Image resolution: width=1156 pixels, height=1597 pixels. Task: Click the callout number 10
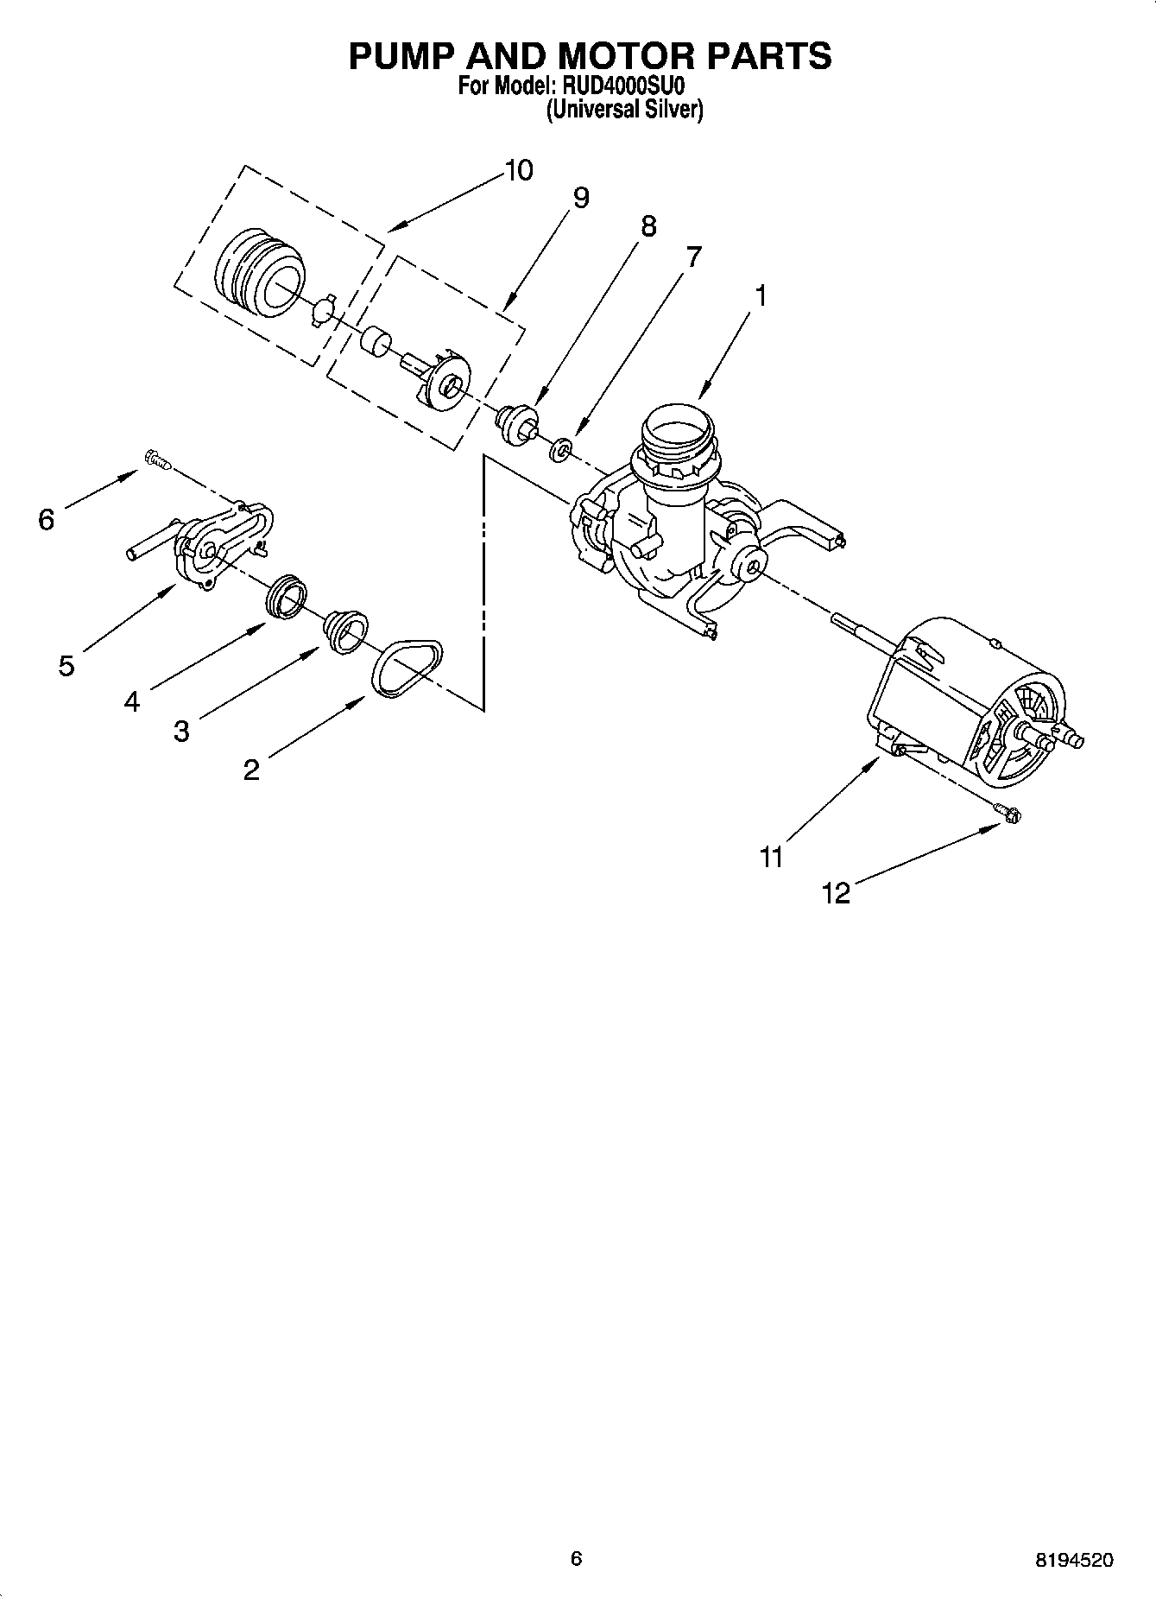[x=518, y=170]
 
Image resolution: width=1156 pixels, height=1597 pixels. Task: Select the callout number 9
[x=581, y=199]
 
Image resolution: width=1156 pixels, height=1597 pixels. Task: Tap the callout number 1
[x=761, y=295]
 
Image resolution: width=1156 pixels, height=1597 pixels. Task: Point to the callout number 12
[x=836, y=893]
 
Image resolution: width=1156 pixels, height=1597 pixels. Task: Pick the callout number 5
[x=66, y=666]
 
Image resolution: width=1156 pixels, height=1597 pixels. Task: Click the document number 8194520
[x=1073, y=1560]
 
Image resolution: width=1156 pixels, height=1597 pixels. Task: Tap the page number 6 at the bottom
[x=577, y=1558]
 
